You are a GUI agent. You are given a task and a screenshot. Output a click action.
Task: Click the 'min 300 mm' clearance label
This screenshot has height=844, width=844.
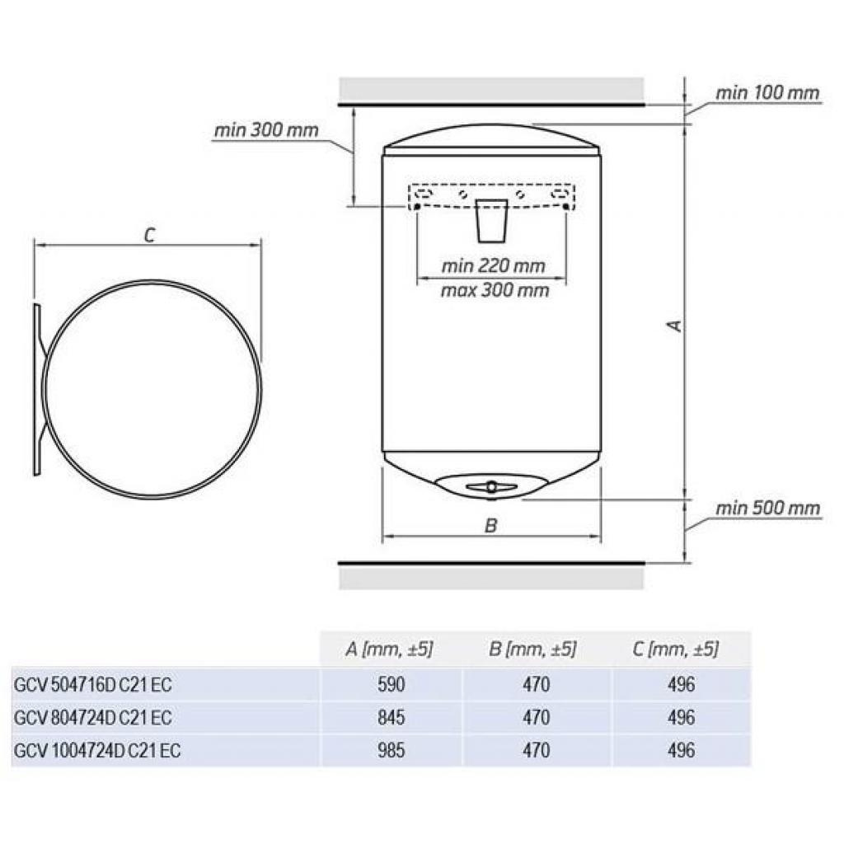click(x=266, y=131)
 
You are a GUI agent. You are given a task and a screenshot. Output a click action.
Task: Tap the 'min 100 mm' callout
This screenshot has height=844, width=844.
click(x=767, y=93)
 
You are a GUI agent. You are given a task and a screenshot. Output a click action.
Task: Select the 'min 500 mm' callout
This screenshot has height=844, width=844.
click(x=767, y=508)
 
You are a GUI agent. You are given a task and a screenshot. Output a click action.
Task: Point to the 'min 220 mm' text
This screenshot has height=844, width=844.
click(x=493, y=266)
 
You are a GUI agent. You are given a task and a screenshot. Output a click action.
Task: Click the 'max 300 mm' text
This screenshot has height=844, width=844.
click(x=495, y=290)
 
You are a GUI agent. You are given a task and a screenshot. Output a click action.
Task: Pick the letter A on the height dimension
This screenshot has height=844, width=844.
click(x=674, y=326)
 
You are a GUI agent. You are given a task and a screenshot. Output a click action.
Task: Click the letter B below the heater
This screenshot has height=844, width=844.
click(x=490, y=526)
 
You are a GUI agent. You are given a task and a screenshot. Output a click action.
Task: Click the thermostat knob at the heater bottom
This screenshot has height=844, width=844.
click(x=491, y=487)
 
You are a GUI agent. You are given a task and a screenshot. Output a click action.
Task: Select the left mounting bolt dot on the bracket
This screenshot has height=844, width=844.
click(x=416, y=206)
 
